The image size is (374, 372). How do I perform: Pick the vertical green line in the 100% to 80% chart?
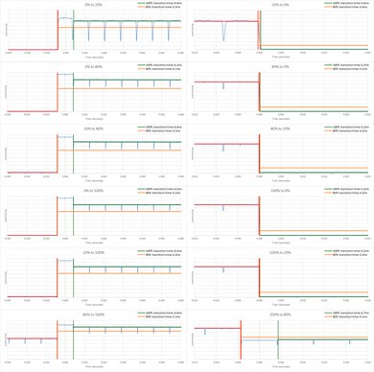pos(277,340)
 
